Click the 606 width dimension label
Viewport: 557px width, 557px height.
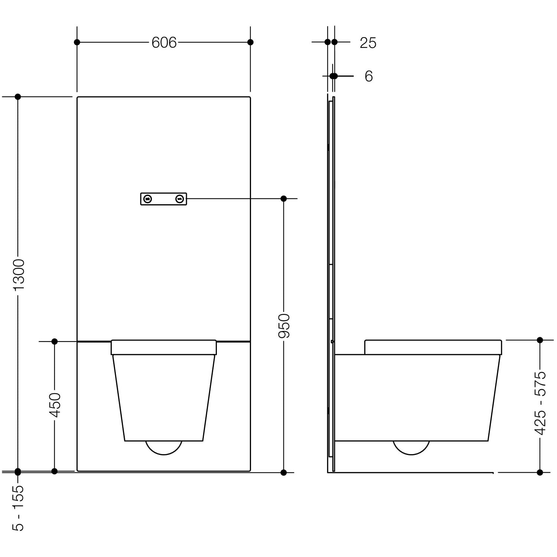(164, 43)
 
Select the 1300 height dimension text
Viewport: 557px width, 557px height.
(19, 275)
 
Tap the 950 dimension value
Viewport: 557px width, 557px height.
(284, 326)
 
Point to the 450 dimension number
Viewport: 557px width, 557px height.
(55, 405)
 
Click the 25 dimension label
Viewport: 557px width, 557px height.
(368, 43)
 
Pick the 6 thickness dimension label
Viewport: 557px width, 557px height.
(369, 76)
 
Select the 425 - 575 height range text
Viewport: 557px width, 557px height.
(540, 403)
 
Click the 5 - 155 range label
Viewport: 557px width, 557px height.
(19, 508)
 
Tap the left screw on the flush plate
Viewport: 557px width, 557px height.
(148, 199)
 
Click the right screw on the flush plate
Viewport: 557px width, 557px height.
(180, 199)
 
